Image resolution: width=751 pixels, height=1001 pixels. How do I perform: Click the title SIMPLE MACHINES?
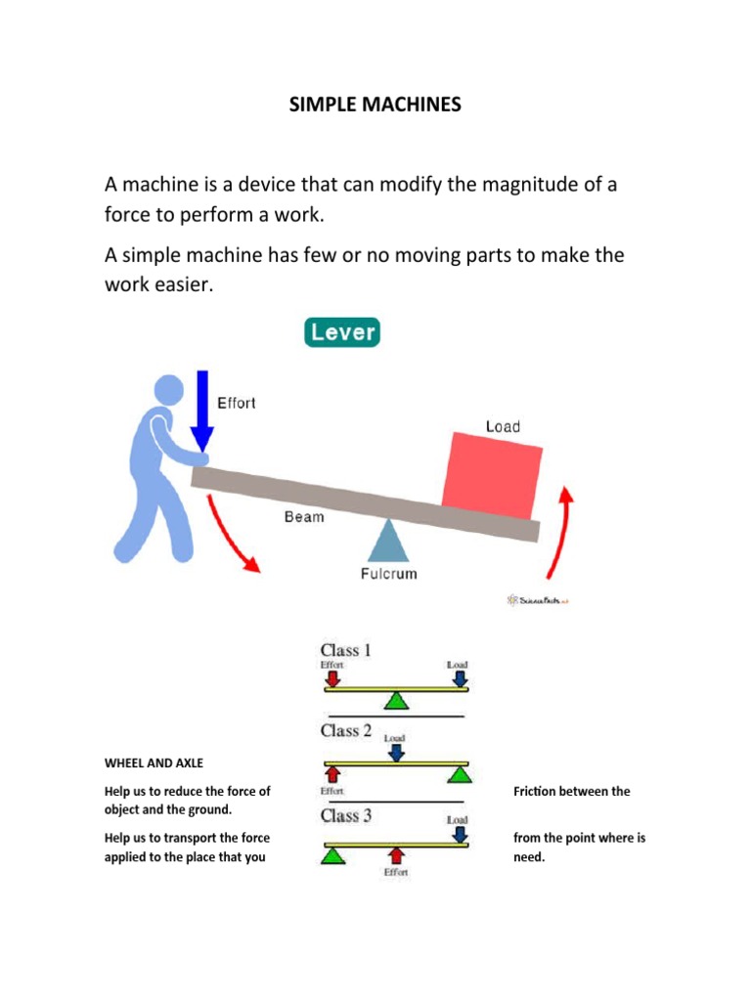[x=375, y=105]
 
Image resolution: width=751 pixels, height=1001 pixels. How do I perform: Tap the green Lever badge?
[x=342, y=332]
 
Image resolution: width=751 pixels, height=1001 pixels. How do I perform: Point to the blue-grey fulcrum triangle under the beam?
[x=388, y=541]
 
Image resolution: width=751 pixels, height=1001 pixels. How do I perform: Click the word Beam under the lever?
[x=303, y=516]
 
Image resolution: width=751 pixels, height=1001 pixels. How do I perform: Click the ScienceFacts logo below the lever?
[x=538, y=599]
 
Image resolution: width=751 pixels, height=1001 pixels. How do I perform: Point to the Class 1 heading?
[x=345, y=650]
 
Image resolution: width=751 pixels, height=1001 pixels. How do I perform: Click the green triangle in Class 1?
[x=395, y=700]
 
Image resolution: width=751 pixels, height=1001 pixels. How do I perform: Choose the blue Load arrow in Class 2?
[x=395, y=752]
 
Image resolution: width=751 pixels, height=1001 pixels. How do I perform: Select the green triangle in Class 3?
[x=333, y=855]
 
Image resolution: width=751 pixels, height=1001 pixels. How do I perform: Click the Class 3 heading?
[x=345, y=815]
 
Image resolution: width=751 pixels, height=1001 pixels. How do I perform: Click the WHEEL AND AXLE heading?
[x=154, y=762]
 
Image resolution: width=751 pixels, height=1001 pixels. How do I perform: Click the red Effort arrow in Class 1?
[x=333, y=677]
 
